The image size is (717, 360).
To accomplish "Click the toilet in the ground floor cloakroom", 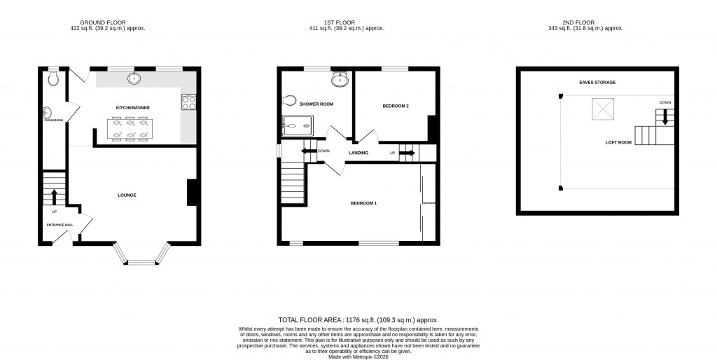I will click(x=54, y=79).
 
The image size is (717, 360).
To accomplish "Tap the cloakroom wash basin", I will click(x=48, y=112).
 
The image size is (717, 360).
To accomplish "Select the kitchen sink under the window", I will click(x=133, y=78).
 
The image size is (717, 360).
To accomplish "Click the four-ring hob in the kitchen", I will click(x=188, y=102).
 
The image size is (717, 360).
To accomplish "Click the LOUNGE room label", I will click(x=127, y=195).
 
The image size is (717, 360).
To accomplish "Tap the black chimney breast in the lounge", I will click(x=191, y=193).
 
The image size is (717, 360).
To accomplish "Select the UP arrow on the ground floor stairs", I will click(x=54, y=195).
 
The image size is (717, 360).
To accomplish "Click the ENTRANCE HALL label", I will click(x=60, y=225).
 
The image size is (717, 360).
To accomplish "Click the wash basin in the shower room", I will click(x=340, y=79).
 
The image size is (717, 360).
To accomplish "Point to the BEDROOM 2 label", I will click(x=396, y=106).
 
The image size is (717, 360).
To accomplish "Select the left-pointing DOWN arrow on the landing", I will click(x=308, y=151).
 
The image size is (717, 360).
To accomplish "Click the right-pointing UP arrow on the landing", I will click(x=408, y=152).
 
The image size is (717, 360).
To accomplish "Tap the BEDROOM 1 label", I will click(x=363, y=203).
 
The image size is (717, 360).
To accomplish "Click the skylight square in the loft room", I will click(x=603, y=109).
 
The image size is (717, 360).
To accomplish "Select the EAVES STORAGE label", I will click(x=597, y=83).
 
